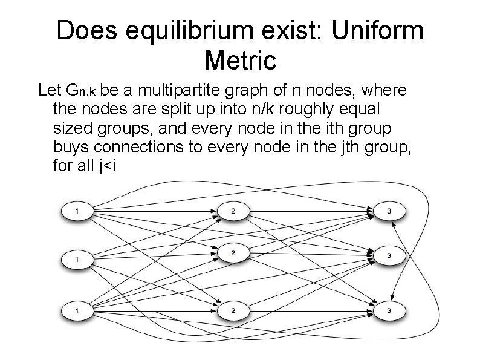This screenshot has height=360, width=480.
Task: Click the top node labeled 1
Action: pyautogui.click(x=77, y=211)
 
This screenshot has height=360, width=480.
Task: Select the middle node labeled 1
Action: pyautogui.click(x=77, y=260)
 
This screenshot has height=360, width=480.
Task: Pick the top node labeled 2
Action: pyautogui.click(x=233, y=211)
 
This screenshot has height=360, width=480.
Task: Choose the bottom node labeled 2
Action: pyautogui.click(x=233, y=310)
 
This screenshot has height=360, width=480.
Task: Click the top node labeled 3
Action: pyautogui.click(x=389, y=211)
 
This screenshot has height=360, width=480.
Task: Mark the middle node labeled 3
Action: pyautogui.click(x=389, y=256)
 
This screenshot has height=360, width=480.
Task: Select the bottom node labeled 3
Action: pyautogui.click(x=389, y=310)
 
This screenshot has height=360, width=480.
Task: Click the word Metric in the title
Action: pyautogui.click(x=240, y=61)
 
